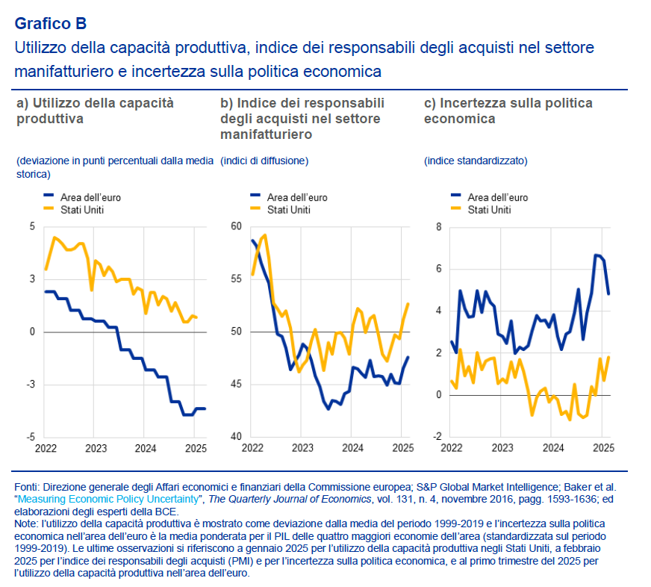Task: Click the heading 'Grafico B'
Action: coord(50,23)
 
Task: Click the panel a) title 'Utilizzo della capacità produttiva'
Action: coord(95,111)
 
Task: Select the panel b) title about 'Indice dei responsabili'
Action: coord(302,118)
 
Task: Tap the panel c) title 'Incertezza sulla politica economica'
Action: coord(508,111)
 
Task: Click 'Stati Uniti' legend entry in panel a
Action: coord(81,210)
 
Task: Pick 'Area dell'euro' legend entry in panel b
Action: coord(297,198)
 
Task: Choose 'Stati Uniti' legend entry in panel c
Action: coord(489,210)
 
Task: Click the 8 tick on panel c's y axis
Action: coord(439,226)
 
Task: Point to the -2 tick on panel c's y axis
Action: coord(437,437)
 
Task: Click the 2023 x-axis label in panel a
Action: coord(95,449)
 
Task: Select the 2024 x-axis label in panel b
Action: coord(352,449)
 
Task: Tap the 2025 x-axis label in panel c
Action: coord(602,449)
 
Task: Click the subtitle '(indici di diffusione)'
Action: coord(264,161)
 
